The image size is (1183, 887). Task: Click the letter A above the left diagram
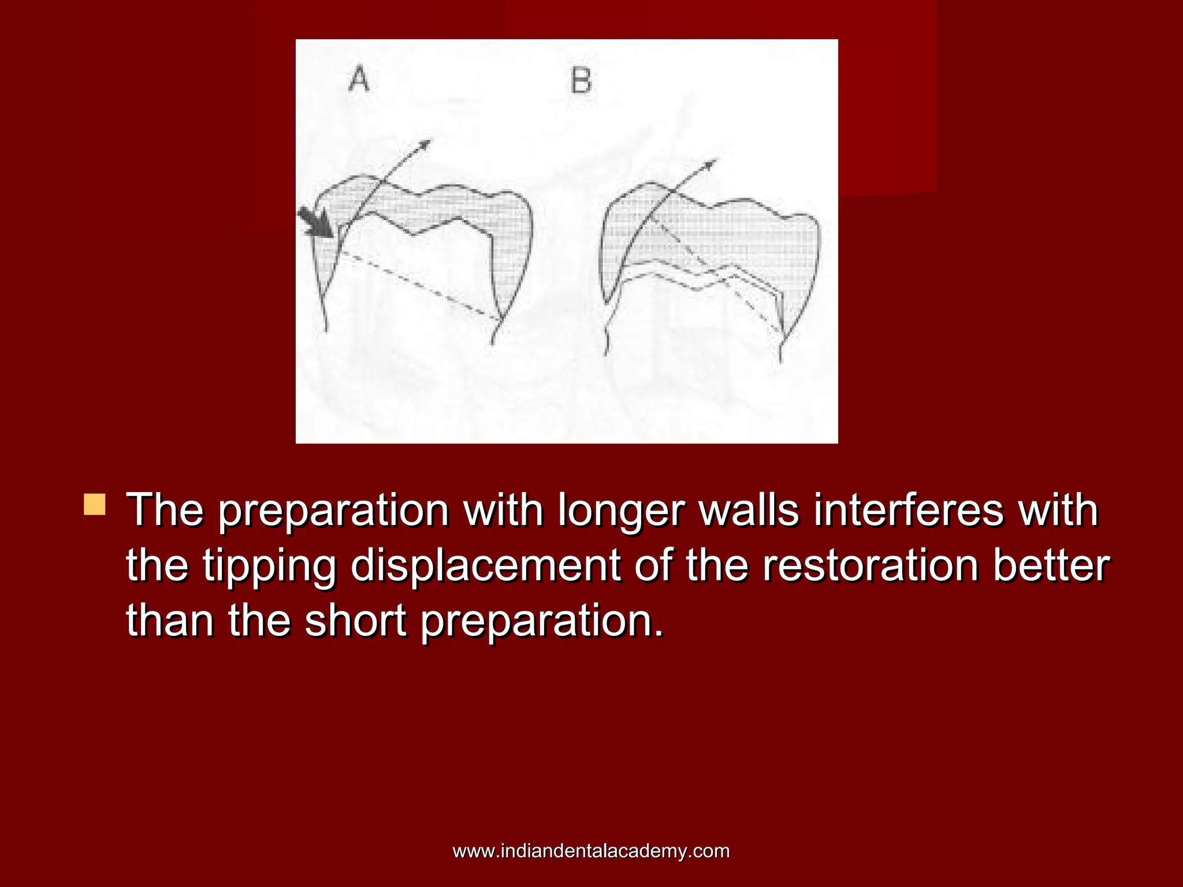(x=359, y=79)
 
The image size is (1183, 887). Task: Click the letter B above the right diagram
(x=581, y=81)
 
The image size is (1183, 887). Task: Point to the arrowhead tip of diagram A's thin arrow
(x=430, y=140)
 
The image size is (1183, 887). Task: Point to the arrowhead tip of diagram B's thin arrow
(x=716, y=160)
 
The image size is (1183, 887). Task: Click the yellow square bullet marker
(x=95, y=504)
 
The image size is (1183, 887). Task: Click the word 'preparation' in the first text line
(x=334, y=511)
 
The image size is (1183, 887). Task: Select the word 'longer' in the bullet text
(x=620, y=511)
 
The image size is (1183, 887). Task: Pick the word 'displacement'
(x=485, y=567)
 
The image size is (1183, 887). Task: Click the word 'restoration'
(x=870, y=565)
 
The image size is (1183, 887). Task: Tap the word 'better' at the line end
(x=1051, y=565)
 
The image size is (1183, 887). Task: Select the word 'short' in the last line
(x=355, y=620)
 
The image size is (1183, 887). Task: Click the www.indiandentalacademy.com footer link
(x=591, y=851)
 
